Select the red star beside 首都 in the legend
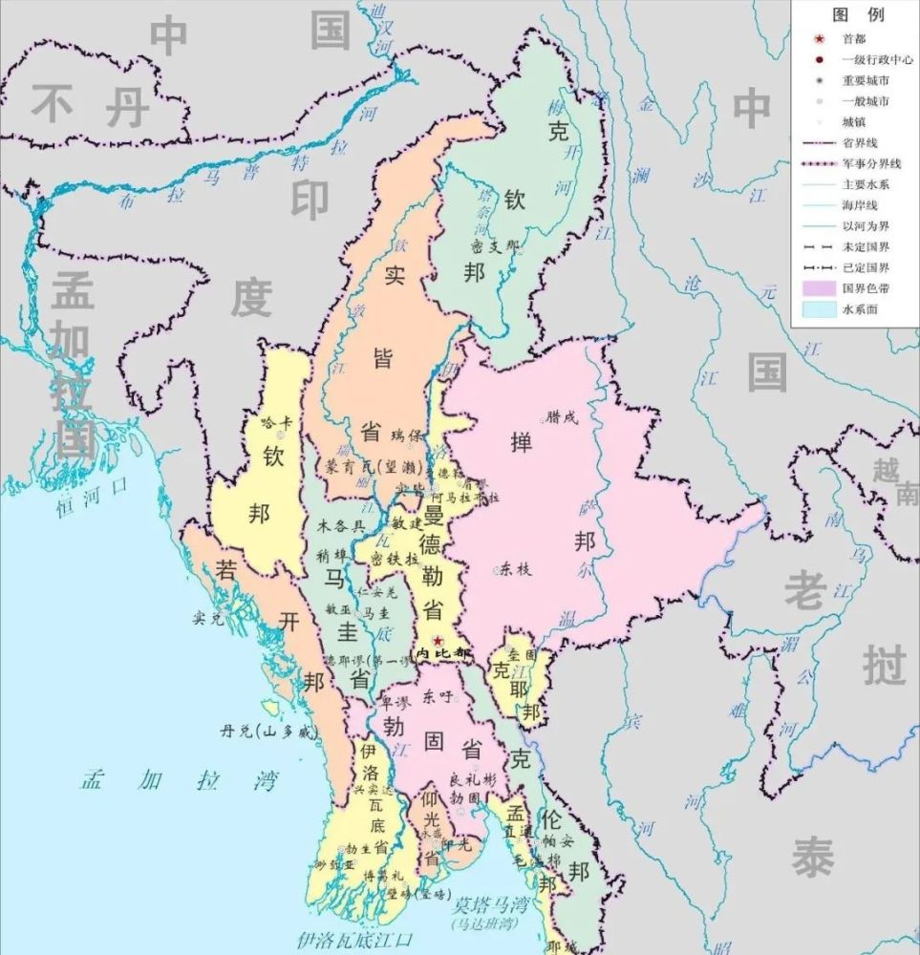click(x=819, y=39)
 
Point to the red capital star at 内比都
click(x=438, y=640)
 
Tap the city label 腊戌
click(x=562, y=416)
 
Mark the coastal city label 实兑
click(x=207, y=618)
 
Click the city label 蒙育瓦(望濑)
click(x=361, y=466)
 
